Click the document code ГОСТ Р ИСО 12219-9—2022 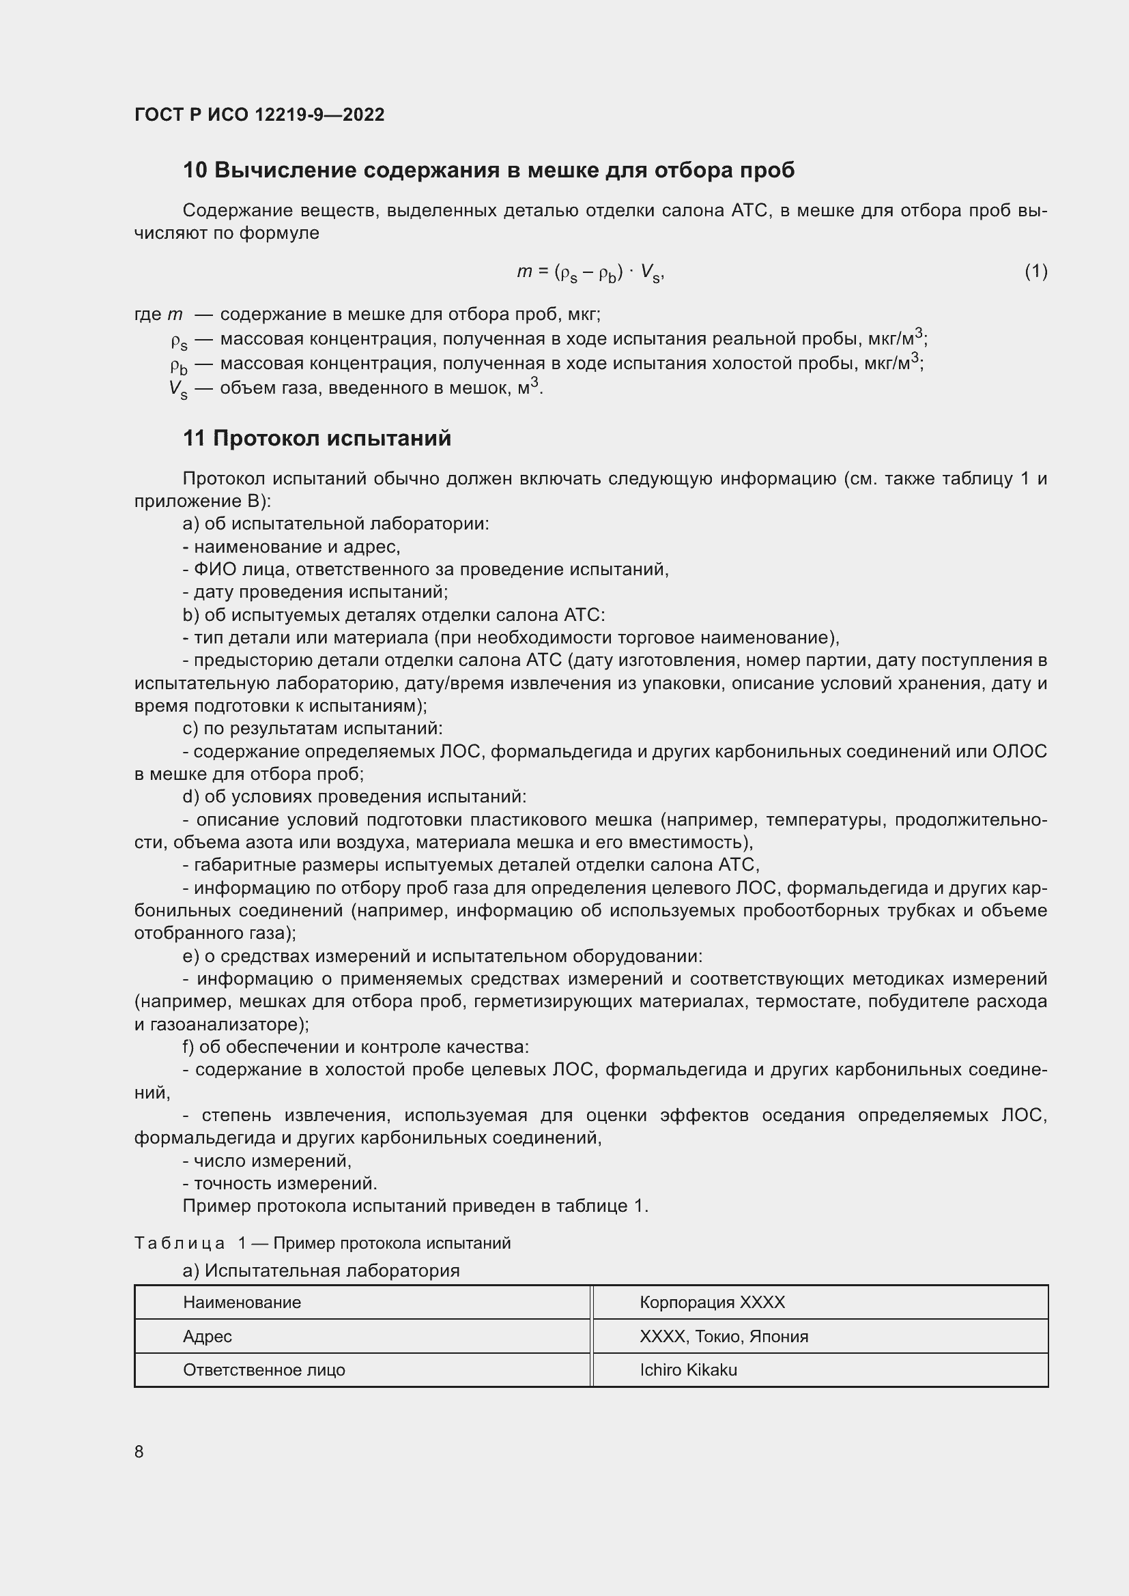259,115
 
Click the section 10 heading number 195,171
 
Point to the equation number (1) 1035,271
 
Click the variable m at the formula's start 524,272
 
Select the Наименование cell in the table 242,1303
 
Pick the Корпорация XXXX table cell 712,1303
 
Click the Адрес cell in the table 208,1336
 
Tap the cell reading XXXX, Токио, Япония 724,1336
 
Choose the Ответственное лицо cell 264,1369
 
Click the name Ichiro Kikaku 688,1369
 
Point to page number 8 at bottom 139,1451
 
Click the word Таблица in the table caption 180,1243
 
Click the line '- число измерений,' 268,1160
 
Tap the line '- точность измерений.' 280,1183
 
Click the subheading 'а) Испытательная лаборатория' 321,1271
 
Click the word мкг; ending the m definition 584,314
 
